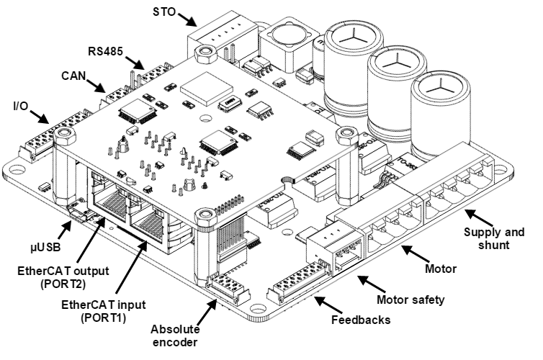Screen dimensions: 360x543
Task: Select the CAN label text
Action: [x=74, y=74]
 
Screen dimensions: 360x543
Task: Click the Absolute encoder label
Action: [x=175, y=336]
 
